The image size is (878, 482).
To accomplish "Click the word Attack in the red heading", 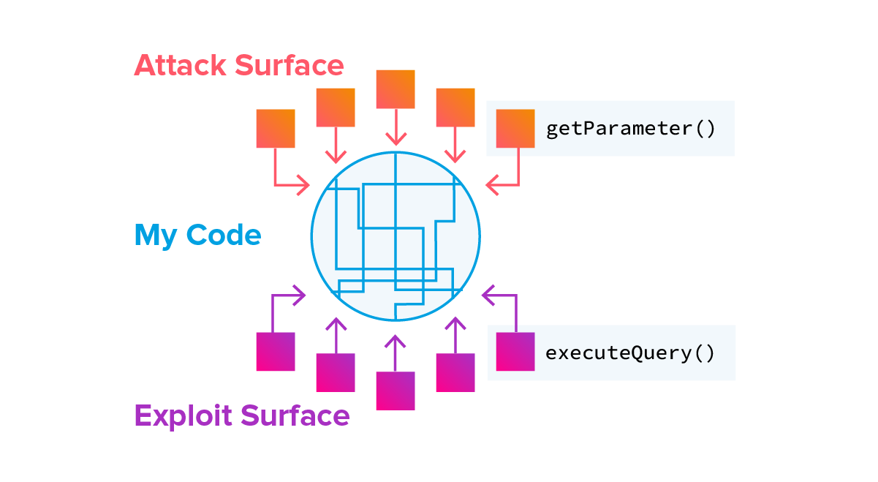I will pyautogui.click(x=180, y=66).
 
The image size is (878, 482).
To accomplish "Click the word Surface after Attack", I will pyautogui.click(x=289, y=66).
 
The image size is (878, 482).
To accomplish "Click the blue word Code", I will pyautogui.click(x=223, y=236).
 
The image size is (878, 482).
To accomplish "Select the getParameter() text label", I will pyautogui.click(x=629, y=129).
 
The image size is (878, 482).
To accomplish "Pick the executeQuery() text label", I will pyautogui.click(x=629, y=353).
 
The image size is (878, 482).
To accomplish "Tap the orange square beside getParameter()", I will pyautogui.click(x=515, y=129).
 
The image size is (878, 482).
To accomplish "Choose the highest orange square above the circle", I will pyautogui.click(x=396, y=89).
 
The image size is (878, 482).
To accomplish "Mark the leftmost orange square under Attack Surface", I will pyautogui.click(x=276, y=129).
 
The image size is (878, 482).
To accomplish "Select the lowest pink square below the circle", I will pyautogui.click(x=396, y=391).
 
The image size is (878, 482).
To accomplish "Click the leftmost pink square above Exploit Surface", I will pyautogui.click(x=276, y=352).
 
